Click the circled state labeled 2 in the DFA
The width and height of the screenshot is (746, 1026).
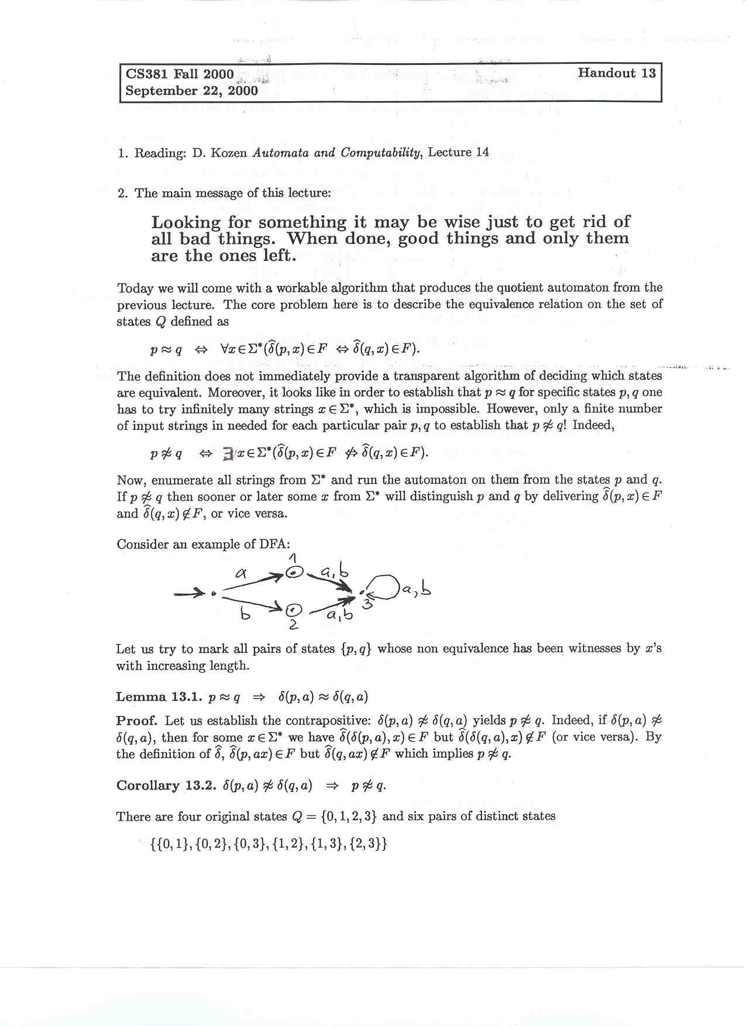click(294, 610)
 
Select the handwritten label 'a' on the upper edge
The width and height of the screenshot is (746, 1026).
click(239, 573)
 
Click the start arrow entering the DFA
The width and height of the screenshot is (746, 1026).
click(190, 594)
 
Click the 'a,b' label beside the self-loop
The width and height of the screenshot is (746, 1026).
click(418, 590)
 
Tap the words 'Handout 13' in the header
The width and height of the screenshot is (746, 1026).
click(617, 73)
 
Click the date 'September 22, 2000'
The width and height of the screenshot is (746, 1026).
click(191, 91)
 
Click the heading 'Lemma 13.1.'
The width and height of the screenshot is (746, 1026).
click(159, 697)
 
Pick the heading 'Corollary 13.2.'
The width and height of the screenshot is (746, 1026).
click(166, 786)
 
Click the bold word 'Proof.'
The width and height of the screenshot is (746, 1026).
click(136, 721)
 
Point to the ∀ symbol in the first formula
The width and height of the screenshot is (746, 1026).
click(225, 350)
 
